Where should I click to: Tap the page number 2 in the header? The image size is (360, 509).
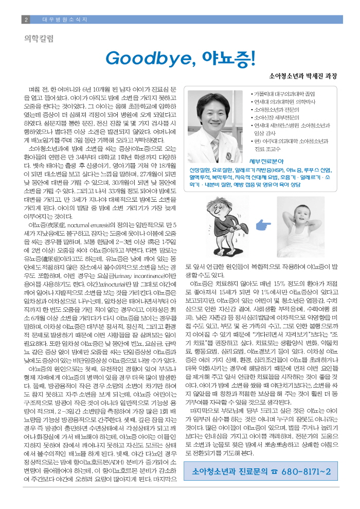[x=26, y=20]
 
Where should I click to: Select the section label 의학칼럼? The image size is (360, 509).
[x=39, y=38]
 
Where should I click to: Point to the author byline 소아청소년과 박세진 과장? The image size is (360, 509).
[x=299, y=76]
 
